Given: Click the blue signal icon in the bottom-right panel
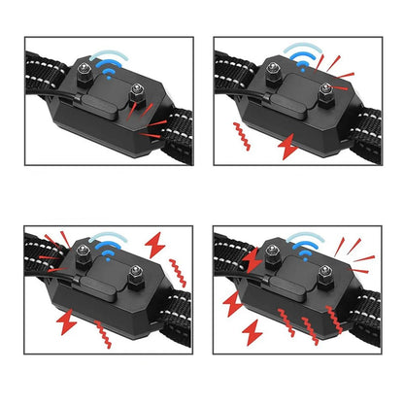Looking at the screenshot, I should pyautogui.click(x=303, y=244).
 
